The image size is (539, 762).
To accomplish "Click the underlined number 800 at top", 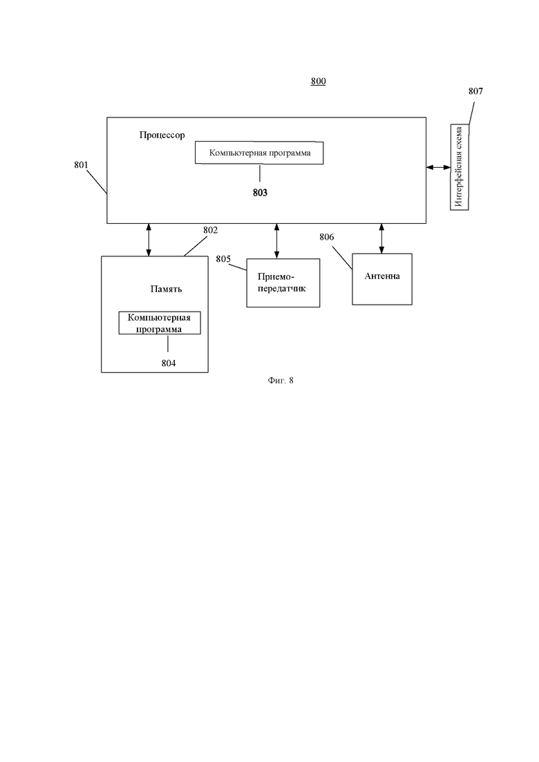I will point(318,82).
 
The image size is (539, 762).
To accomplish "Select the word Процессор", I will point(162,135).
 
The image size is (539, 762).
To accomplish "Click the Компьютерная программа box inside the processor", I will point(259,153).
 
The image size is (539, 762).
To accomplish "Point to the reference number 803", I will point(260,193).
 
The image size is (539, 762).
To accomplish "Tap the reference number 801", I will point(81,165).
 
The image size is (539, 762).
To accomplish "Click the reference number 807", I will point(475,91).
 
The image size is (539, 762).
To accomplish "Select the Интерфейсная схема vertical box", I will point(460,167).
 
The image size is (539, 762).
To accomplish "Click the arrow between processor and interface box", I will point(437,167).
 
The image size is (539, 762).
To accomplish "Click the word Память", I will point(166,288).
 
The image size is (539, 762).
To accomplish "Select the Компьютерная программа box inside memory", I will point(160,323).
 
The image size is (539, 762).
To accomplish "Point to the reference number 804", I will point(168,363).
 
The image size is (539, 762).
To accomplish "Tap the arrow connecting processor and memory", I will point(149,240).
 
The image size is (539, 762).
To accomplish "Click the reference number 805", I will point(223,259).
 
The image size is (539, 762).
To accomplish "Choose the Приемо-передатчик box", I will point(283,283).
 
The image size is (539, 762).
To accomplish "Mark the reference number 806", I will point(327,237).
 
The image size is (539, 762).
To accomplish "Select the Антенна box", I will point(381,278).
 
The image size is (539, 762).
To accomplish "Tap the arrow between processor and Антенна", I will point(381,238).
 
